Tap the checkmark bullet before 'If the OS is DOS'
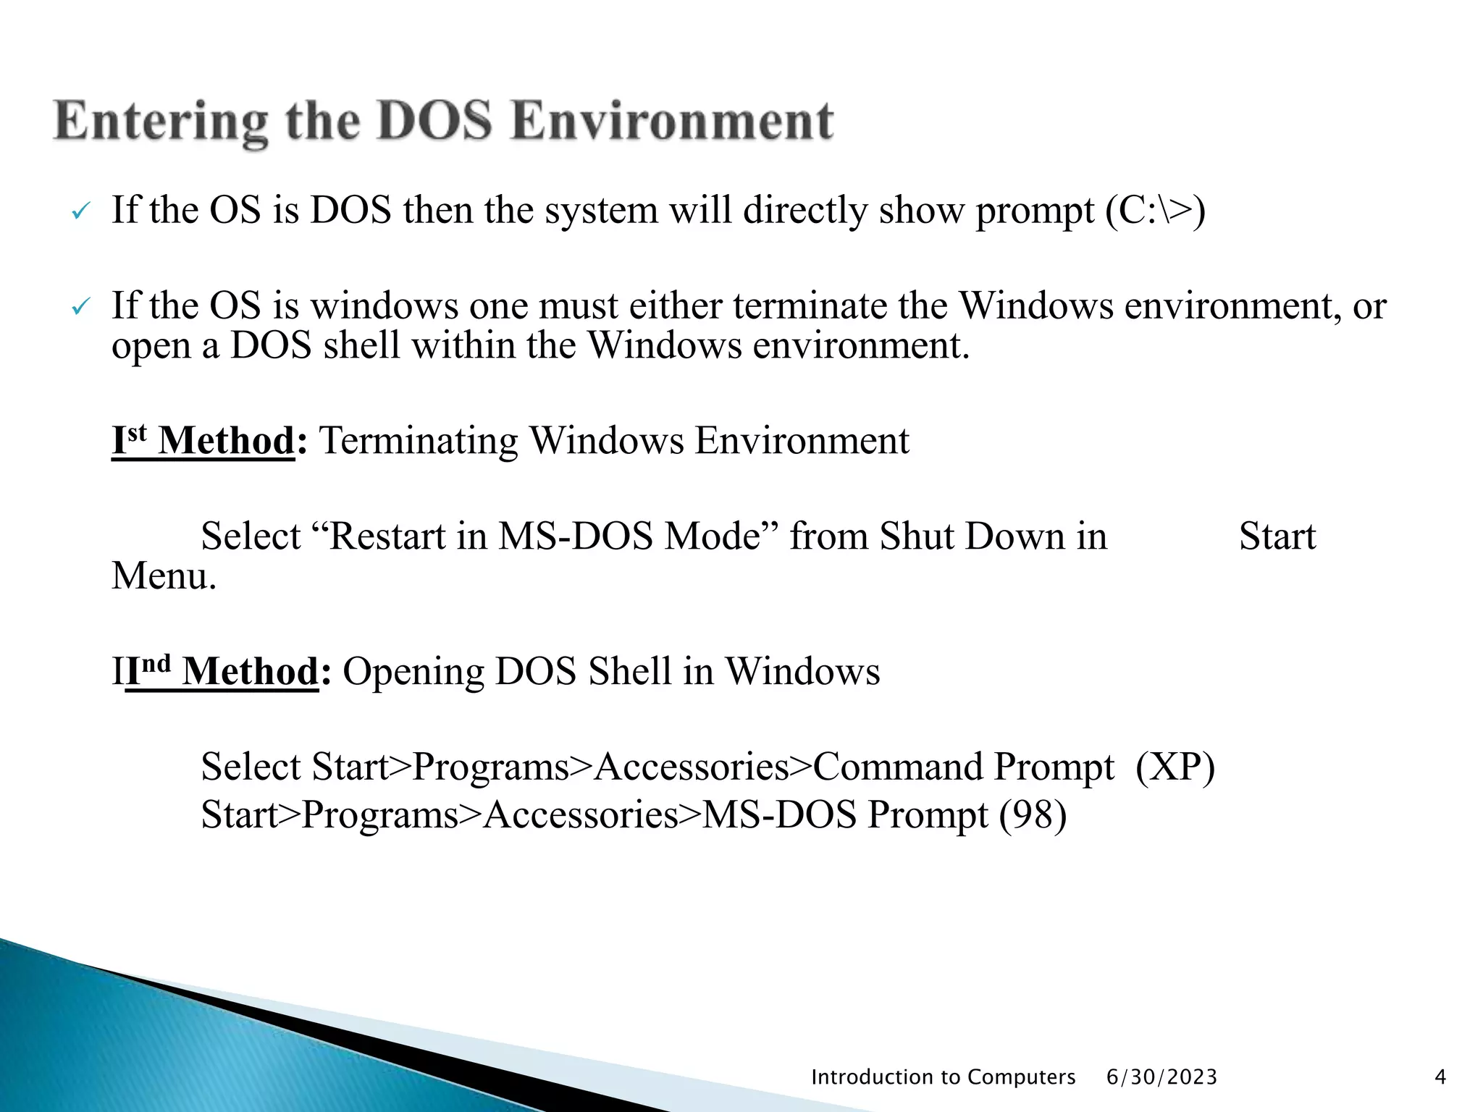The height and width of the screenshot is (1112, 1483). (80, 213)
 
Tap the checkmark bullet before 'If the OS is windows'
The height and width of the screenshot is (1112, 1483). (80, 308)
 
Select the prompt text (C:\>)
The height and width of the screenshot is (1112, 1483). (1155, 211)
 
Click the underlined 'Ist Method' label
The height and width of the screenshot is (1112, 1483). (203, 440)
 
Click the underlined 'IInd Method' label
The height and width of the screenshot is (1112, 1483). (216, 671)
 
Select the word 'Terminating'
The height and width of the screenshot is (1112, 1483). (418, 440)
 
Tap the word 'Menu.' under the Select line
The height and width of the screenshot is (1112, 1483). (164, 576)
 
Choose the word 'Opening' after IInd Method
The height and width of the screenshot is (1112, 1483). (413, 671)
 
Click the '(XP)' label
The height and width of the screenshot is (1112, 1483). (1175, 767)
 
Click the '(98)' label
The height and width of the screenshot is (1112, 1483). (1033, 814)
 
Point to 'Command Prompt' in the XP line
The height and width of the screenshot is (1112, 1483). (963, 767)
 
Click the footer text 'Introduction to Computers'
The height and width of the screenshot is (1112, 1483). (943, 1077)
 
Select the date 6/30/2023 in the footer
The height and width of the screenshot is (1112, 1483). (1161, 1077)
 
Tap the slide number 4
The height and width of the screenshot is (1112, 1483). (1440, 1077)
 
